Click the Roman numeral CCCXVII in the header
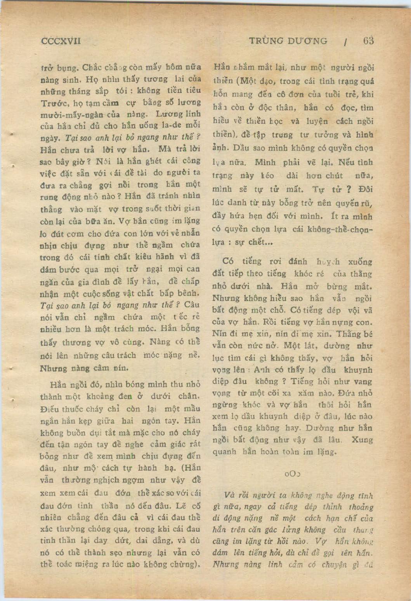click(x=61, y=41)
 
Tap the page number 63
click(x=368, y=41)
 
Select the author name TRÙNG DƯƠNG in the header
click(x=288, y=41)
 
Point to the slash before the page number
click(x=345, y=42)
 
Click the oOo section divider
click(x=293, y=474)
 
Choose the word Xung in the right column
click(x=362, y=440)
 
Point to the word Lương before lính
click(x=167, y=114)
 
